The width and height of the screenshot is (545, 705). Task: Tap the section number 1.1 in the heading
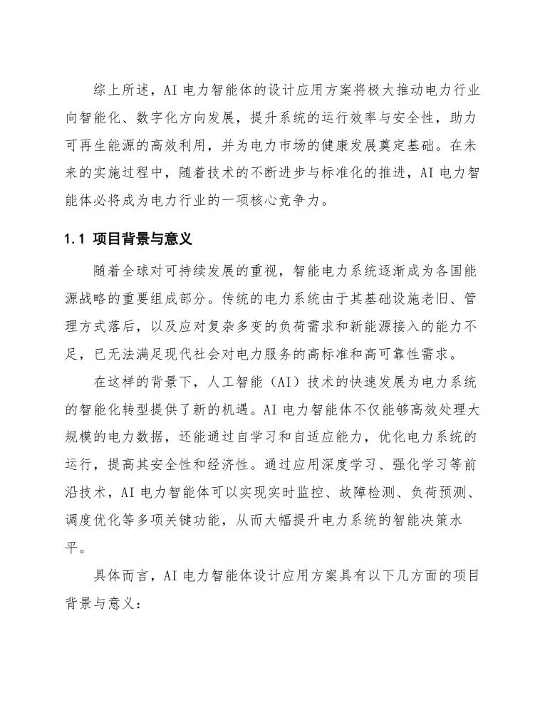(74, 236)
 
